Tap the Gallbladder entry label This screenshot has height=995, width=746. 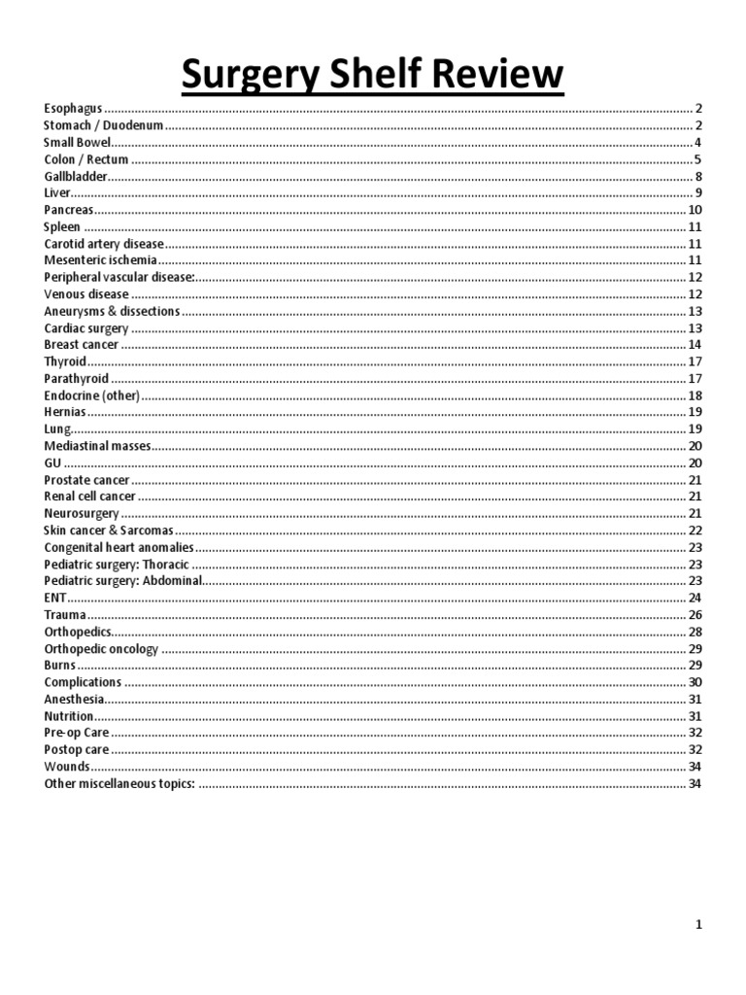pyautogui.click(x=75, y=176)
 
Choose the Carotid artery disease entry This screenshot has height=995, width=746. pyautogui.click(x=104, y=244)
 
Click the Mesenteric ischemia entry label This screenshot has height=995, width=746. pyautogui.click(x=100, y=260)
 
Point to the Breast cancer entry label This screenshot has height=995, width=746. pyautogui.click(x=82, y=345)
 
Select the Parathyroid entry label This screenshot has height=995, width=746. pyautogui.click(x=77, y=378)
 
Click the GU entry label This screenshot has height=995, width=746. pyautogui.click(x=52, y=463)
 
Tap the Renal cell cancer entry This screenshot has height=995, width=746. pyautogui.click(x=89, y=497)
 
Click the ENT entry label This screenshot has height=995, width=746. pyautogui.click(x=54, y=598)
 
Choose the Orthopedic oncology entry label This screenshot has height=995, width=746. pyautogui.click(x=101, y=648)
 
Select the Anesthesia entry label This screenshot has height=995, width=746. pyautogui.click(x=74, y=699)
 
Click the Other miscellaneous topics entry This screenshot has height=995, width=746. pyautogui.click(x=119, y=783)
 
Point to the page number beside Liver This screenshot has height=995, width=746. pyautogui.click(x=698, y=193)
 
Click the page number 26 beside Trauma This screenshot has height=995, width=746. pyautogui.click(x=695, y=615)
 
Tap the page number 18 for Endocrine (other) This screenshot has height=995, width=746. pyautogui.click(x=695, y=395)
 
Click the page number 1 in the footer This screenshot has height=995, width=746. pyautogui.click(x=698, y=925)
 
